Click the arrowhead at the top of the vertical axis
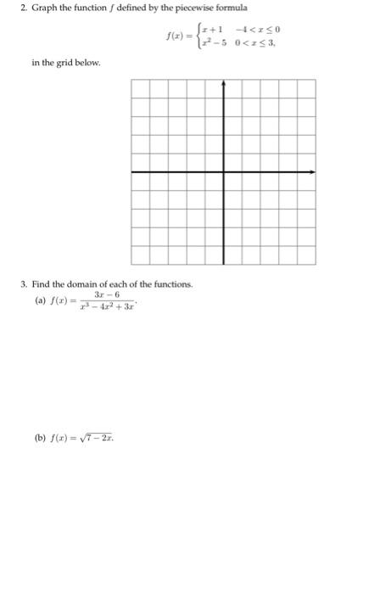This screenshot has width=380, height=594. pyautogui.click(x=223, y=83)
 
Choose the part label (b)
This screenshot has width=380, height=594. pyautogui.click(x=39, y=440)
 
